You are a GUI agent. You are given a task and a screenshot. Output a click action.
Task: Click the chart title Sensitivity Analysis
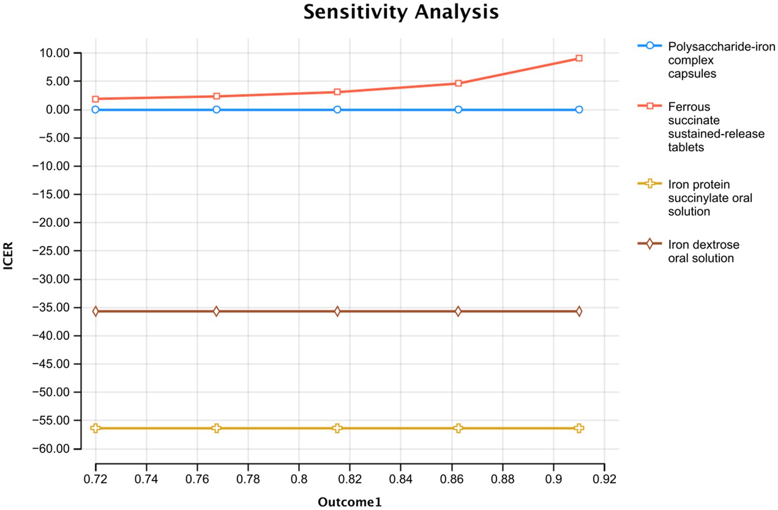(401, 12)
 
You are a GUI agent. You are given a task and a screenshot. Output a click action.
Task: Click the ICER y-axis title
(8, 255)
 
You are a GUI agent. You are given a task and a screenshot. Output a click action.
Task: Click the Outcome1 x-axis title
(349, 502)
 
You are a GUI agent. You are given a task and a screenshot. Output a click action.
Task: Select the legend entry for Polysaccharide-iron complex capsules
(721, 60)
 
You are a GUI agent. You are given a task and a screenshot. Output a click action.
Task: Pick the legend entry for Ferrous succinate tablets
(715, 127)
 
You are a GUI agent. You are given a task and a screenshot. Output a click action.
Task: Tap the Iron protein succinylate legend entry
(709, 198)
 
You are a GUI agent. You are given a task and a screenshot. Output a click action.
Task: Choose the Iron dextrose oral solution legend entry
(703, 251)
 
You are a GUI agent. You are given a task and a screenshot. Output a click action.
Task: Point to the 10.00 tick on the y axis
(55, 53)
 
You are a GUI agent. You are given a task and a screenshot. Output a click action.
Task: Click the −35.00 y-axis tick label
(51, 308)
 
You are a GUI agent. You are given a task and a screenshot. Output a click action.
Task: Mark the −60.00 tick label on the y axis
(51, 449)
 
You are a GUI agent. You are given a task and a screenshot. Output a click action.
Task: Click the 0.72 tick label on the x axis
(95, 479)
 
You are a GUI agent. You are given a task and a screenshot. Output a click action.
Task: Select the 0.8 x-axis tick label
(299, 479)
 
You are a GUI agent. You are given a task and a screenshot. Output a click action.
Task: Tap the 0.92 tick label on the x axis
(604, 479)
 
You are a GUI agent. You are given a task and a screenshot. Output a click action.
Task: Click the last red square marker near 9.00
(579, 58)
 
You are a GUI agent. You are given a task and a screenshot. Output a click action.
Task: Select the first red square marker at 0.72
(95, 99)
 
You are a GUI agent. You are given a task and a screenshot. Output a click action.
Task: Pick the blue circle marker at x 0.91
(579, 110)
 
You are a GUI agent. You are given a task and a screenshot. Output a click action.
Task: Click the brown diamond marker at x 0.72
(95, 311)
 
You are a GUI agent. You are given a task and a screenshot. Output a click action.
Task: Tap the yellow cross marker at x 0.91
(579, 428)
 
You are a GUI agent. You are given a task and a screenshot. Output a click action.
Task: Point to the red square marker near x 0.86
(458, 83)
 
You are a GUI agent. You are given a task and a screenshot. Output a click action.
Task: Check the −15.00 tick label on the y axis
(51, 194)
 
